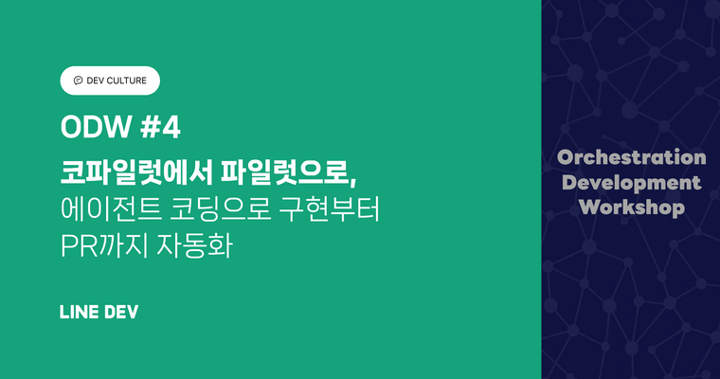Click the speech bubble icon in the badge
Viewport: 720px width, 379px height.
(78, 81)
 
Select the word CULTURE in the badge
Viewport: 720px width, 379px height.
(128, 81)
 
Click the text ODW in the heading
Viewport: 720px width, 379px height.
(90, 127)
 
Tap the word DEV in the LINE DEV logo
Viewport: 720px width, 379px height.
(123, 312)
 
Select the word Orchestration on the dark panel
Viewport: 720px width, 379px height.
(631, 157)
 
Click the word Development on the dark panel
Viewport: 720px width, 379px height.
(631, 182)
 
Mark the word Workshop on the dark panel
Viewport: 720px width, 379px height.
(631, 207)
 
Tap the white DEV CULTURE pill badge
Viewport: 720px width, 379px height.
(110, 81)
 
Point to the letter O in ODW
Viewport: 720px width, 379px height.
(69, 127)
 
